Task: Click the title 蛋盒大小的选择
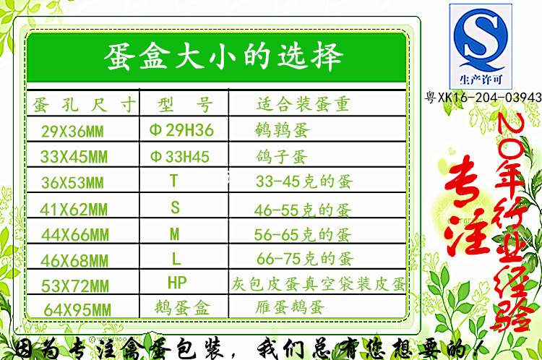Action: [223, 56]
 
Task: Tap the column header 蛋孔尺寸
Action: [84, 104]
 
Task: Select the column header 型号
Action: [184, 104]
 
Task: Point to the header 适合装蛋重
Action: [304, 104]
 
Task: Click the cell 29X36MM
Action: [72, 132]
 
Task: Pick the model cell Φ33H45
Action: [180, 157]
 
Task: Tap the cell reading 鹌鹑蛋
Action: [282, 130]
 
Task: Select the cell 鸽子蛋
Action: [281, 156]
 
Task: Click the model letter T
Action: [174, 181]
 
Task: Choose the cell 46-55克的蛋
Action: [303, 210]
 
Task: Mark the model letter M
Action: [175, 234]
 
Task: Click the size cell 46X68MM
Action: [74, 261]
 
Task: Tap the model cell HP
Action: [177, 282]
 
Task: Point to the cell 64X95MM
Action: [77, 310]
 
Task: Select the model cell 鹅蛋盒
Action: [182, 307]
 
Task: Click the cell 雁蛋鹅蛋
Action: [290, 307]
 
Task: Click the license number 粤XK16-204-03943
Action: [483, 97]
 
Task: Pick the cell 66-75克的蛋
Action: [304, 259]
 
